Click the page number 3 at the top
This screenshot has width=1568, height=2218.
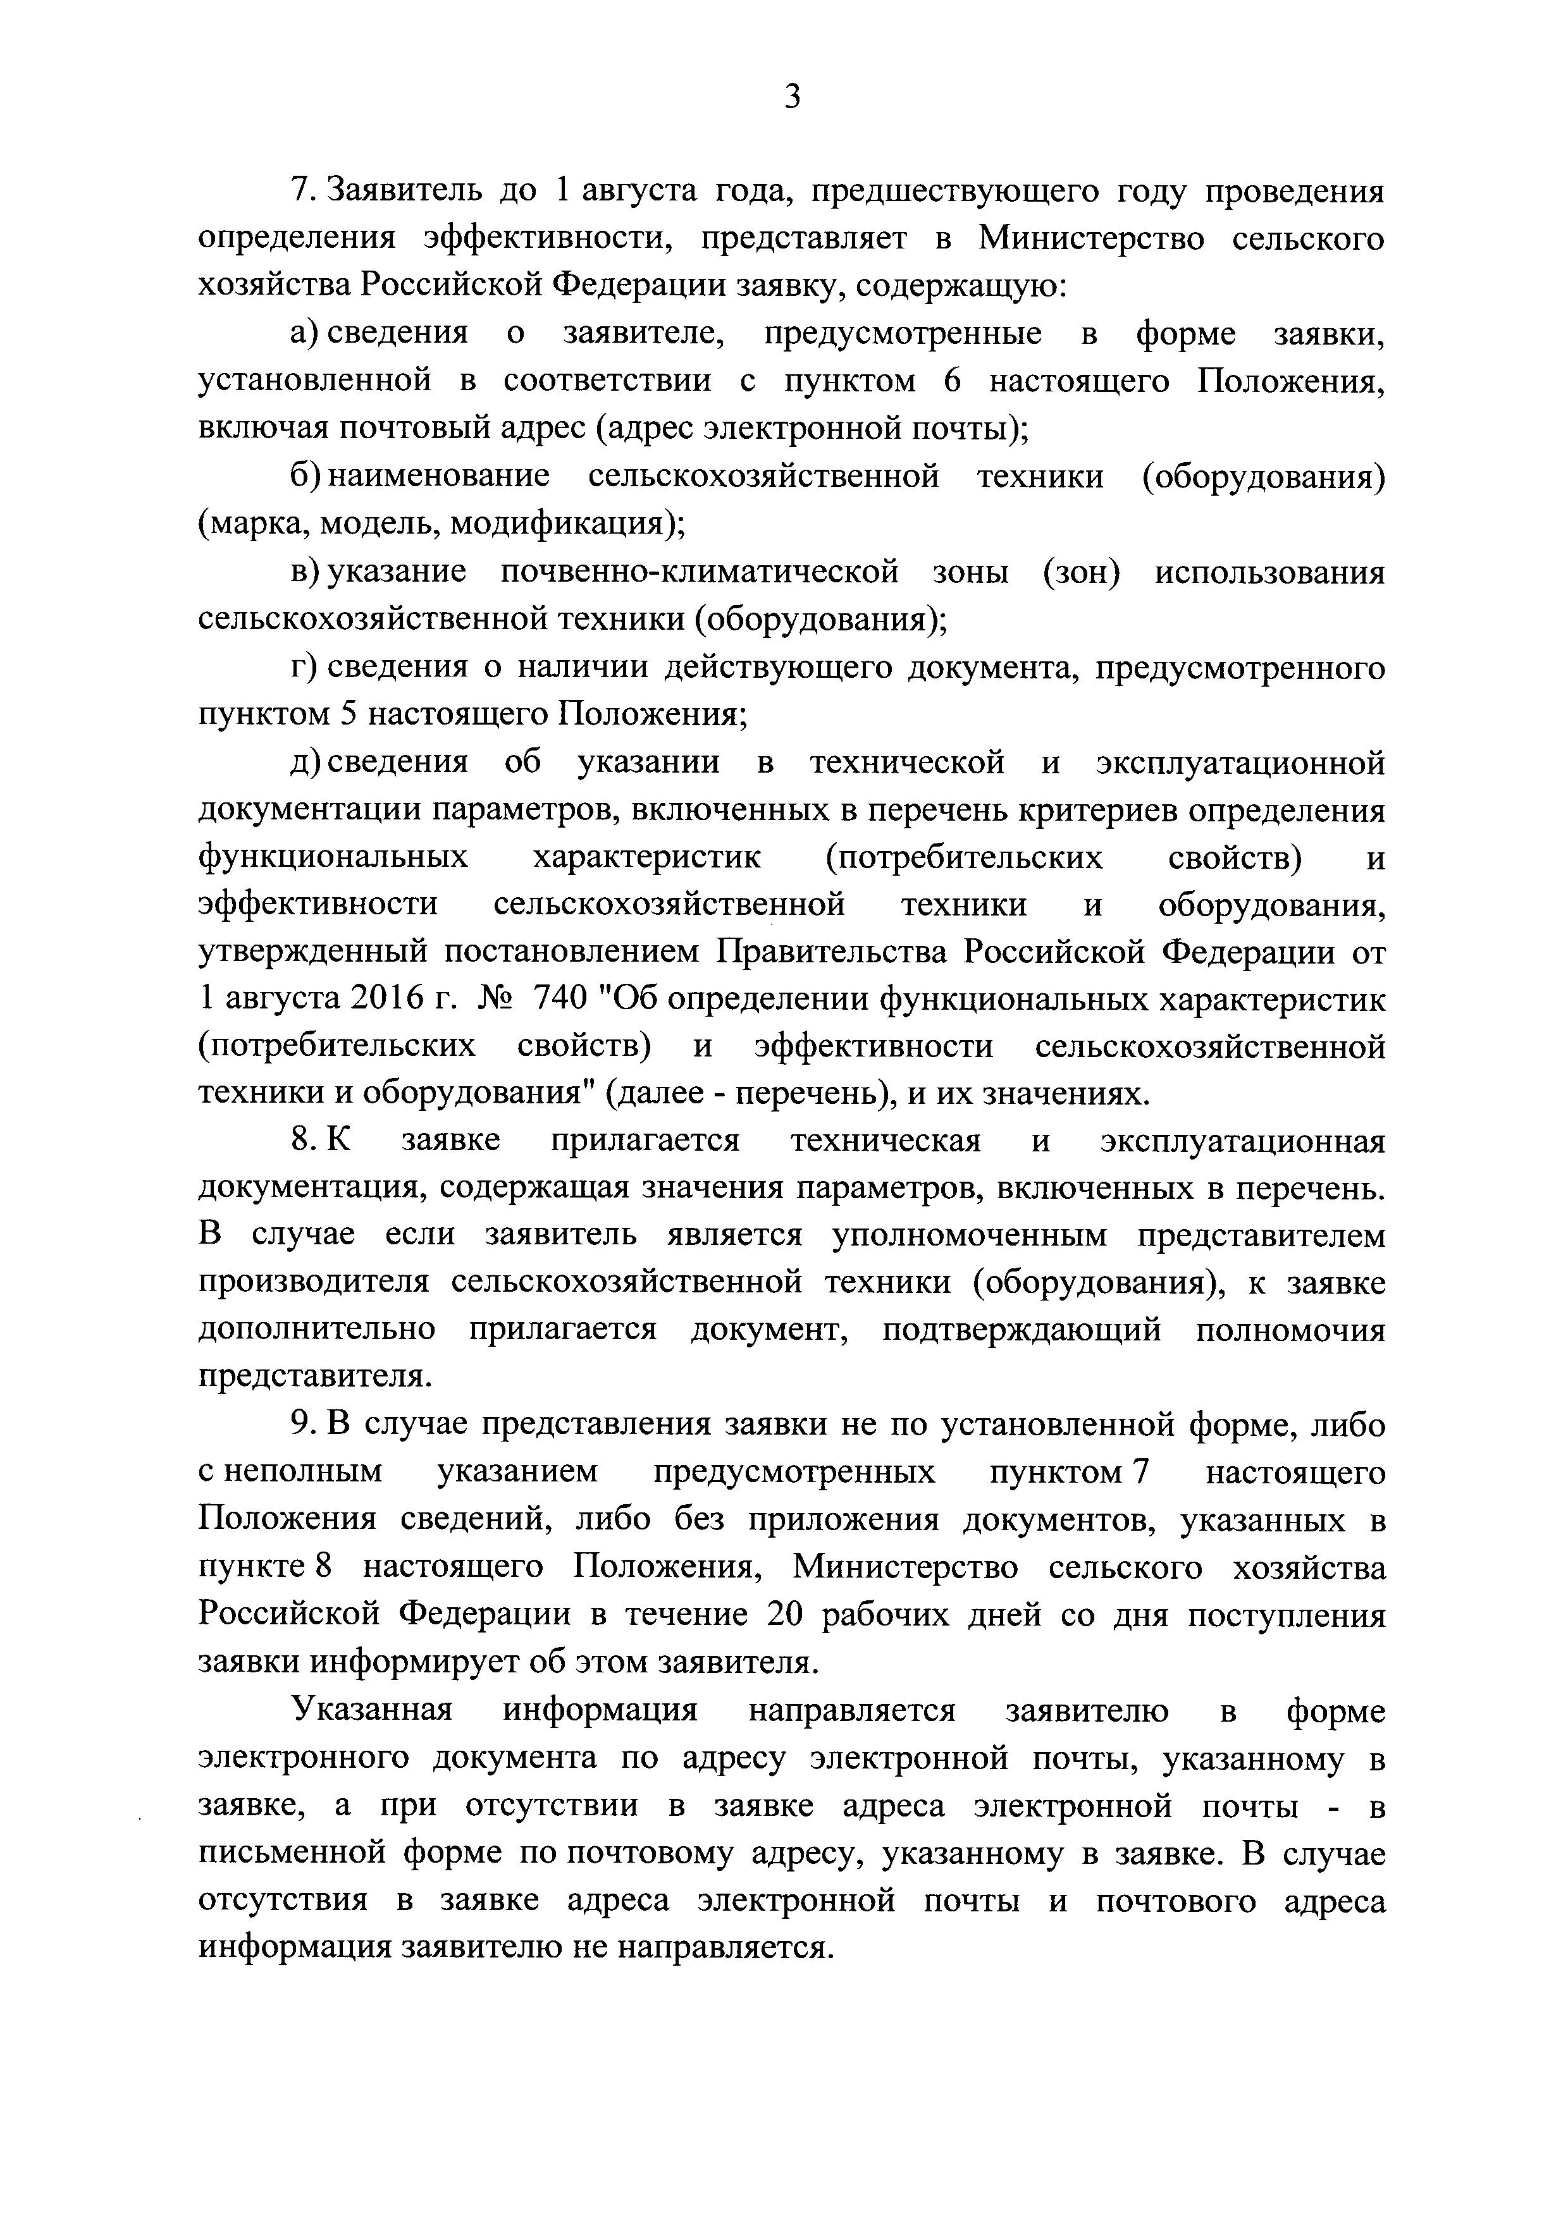point(792,97)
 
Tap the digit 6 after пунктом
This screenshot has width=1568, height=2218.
point(953,382)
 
